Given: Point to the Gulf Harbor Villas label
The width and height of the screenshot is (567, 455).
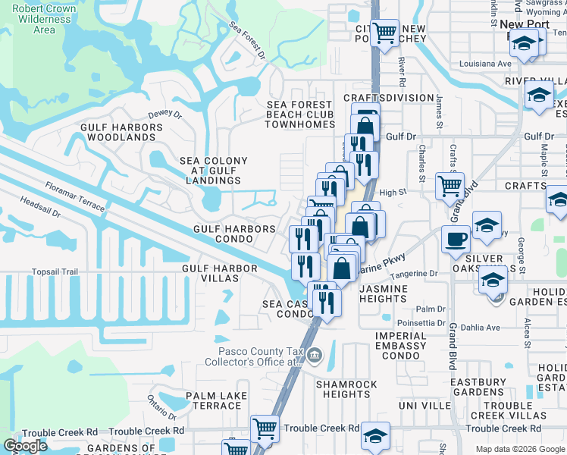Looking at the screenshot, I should pyautogui.click(x=210, y=273).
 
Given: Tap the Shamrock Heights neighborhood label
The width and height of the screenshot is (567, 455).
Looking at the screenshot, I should pyautogui.click(x=346, y=389).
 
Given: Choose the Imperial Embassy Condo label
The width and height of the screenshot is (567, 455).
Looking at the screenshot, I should pyautogui.click(x=401, y=346).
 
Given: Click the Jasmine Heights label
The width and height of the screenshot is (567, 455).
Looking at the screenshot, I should pyautogui.click(x=383, y=294).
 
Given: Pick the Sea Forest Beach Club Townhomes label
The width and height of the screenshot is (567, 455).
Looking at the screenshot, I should pyautogui.click(x=300, y=115).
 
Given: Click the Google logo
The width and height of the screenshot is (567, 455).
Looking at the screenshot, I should pyautogui.click(x=26, y=446).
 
